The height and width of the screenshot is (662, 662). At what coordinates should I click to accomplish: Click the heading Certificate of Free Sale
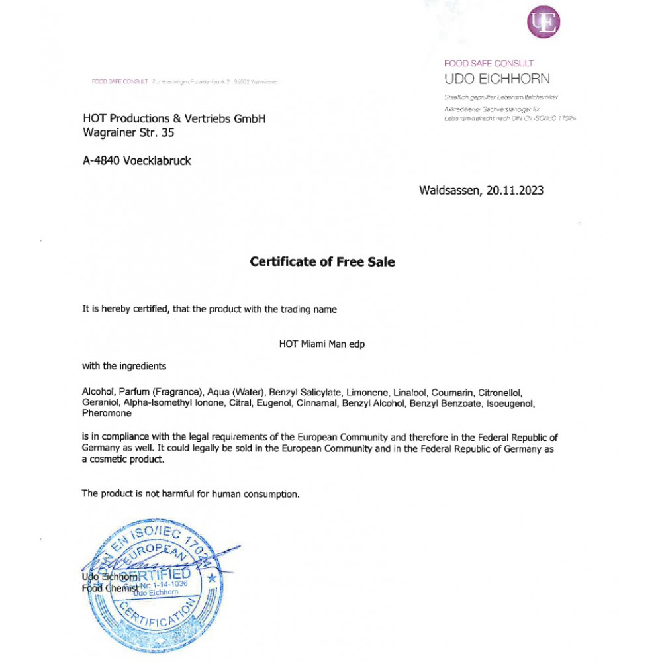pos(322,262)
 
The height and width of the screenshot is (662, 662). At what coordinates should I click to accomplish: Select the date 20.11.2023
pos(515,191)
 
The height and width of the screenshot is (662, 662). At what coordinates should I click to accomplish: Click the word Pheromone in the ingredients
pos(107,414)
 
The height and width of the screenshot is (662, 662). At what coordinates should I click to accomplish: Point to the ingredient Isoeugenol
pos(510,403)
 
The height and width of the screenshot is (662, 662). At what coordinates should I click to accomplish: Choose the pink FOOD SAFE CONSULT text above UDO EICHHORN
pos(489,64)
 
